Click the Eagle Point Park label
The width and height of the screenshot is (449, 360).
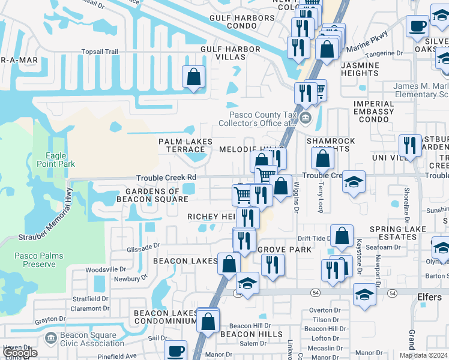click(56, 160)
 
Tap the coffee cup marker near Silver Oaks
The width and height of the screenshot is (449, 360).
click(417, 26)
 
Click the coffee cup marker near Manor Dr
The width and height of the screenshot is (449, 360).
click(175, 350)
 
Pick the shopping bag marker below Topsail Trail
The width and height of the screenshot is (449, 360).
click(193, 77)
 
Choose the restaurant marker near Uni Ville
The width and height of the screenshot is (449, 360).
click(410, 145)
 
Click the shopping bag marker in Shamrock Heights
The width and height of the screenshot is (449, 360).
click(323, 158)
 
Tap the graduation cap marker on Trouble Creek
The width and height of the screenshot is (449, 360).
click(354, 182)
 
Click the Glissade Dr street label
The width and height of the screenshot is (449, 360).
click(143, 245)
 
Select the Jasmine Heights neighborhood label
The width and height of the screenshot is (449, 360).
click(359, 68)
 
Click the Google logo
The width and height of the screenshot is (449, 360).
click(20, 353)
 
